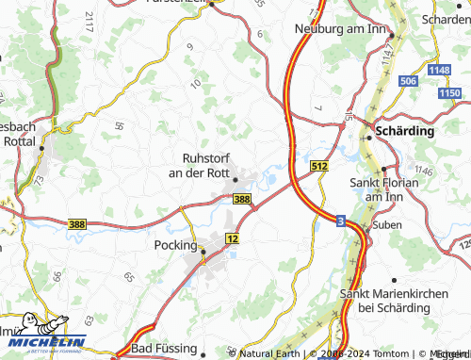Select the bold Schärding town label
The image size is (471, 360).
pos(405,131)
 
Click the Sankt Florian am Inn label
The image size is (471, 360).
pos(383,188)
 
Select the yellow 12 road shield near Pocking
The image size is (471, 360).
pos(233,240)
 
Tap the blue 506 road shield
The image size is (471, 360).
pos(408,82)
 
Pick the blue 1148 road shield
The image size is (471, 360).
pos(439,70)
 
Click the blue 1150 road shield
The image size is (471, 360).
pos(449,92)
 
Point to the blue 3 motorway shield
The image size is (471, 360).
pos(340,219)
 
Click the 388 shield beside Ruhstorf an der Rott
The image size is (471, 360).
pos(242,199)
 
